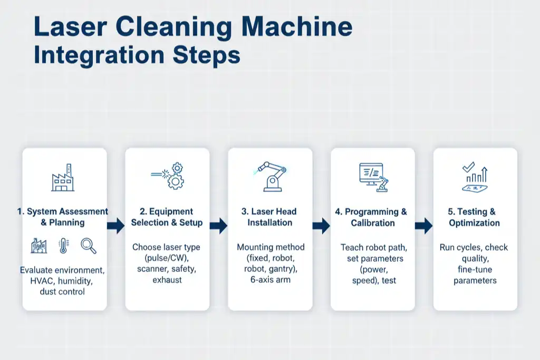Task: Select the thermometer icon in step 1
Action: (64, 246)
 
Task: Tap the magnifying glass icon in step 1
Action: (88, 245)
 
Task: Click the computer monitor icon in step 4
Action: (372, 176)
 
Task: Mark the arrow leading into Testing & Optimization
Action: (423, 227)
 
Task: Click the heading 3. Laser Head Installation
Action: (269, 217)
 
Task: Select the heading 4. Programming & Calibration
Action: (372, 217)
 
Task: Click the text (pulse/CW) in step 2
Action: (166, 258)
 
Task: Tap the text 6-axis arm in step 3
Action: (270, 280)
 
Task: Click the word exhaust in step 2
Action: (167, 280)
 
